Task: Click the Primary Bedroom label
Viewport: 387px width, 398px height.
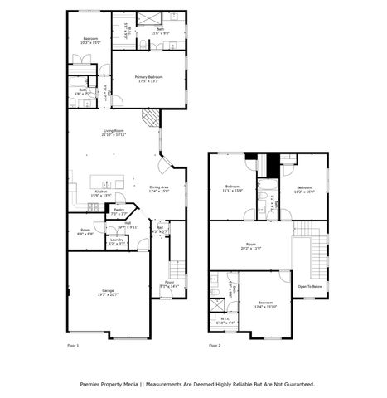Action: pos(148,79)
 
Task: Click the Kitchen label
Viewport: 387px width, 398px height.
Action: pos(100,193)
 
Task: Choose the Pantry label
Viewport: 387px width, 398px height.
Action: pos(119,211)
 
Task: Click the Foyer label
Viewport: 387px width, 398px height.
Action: pos(168,284)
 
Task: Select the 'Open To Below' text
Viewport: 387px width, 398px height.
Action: pos(310,286)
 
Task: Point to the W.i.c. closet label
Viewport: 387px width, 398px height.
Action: pos(225,319)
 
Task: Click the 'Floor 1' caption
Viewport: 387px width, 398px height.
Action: pos(73,345)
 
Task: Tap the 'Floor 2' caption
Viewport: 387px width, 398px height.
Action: pos(215,345)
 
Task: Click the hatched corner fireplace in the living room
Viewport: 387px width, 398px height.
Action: pos(147,121)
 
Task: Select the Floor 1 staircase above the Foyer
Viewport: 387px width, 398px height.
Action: pos(176,269)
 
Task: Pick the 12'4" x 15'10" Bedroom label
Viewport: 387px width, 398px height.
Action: pos(265,305)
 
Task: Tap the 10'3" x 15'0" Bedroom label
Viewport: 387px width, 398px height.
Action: pos(90,41)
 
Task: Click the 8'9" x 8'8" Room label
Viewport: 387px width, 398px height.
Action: pos(85,231)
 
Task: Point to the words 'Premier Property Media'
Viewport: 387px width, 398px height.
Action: pos(108,384)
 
